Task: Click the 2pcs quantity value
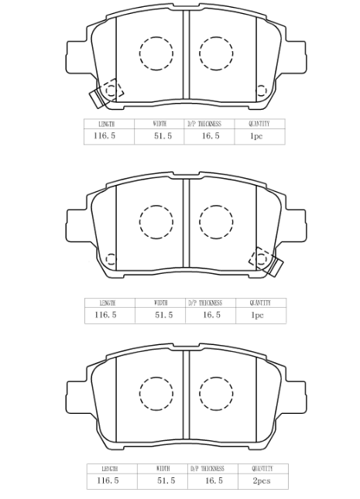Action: click(x=262, y=480)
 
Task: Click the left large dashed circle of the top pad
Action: click(x=156, y=53)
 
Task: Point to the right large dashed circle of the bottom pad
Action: click(x=216, y=393)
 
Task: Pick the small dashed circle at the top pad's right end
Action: click(x=261, y=91)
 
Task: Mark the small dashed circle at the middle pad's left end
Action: click(x=111, y=259)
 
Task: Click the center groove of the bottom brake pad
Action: click(x=187, y=396)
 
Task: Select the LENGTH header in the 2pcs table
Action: click(x=110, y=469)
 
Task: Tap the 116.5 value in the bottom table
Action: click(x=108, y=480)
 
